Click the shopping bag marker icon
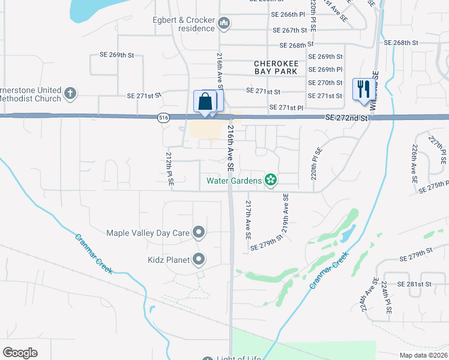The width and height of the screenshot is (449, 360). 205,101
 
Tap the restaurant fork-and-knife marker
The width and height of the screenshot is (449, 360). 362,90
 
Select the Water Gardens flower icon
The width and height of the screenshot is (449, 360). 271,180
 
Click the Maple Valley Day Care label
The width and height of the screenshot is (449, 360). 148,233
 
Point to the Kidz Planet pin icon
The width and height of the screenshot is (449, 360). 199,260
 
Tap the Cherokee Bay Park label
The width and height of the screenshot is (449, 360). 276,67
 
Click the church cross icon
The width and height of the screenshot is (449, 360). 70,94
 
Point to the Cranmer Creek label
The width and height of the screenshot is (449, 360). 330,271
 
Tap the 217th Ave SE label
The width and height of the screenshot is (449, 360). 247,220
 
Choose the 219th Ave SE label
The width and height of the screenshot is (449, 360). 286,213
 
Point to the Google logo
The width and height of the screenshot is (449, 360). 20,352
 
